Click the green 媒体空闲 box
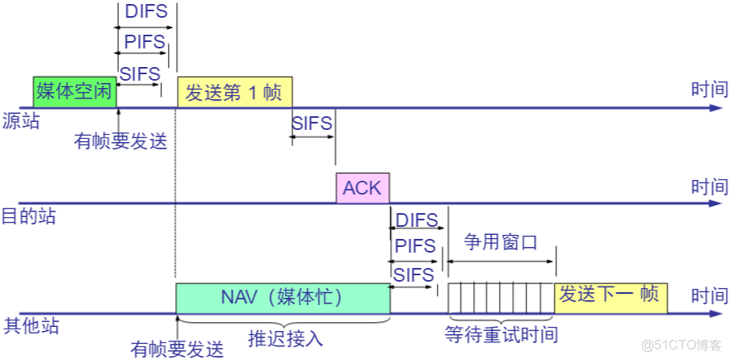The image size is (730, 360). [x=74, y=92]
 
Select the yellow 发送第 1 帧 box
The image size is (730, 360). [x=234, y=92]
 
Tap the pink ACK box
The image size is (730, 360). [x=363, y=188]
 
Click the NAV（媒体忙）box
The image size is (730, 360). [x=283, y=298]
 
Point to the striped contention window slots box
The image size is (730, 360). [x=501, y=298]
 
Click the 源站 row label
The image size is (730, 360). [x=21, y=121]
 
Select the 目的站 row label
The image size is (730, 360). [x=27, y=217]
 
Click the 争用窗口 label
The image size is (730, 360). [x=501, y=242]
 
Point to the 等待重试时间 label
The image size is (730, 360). [x=501, y=334]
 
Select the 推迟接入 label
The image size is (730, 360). [x=285, y=337]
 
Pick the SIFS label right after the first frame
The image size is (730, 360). [x=312, y=123]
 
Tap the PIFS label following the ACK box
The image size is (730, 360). [x=415, y=246]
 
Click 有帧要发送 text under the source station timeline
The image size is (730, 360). [x=120, y=141]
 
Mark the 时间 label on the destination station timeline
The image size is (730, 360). [x=709, y=186]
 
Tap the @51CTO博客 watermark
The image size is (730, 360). [x=682, y=345]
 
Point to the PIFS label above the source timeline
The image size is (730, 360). [x=144, y=41]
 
